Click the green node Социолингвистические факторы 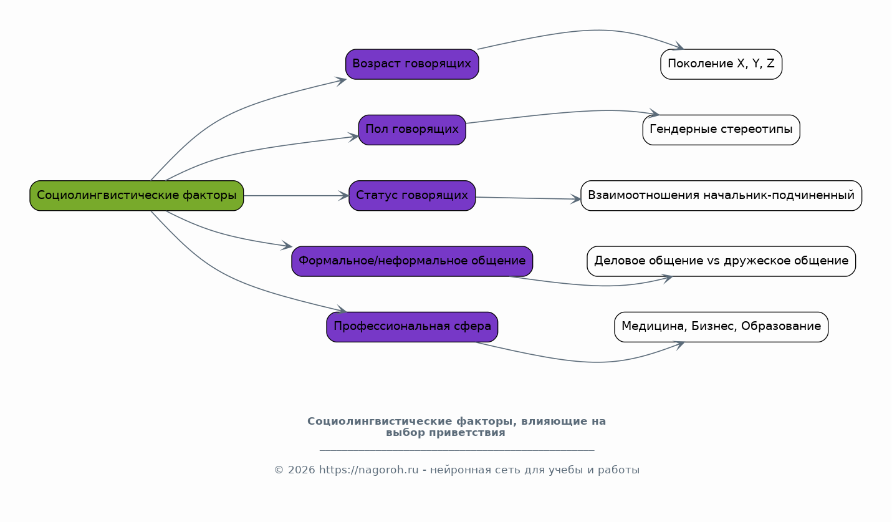[137, 196]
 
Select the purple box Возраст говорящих [412, 64]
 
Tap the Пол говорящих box [412, 130]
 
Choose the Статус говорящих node [412, 196]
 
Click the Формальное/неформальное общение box [412, 261]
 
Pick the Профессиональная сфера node [412, 327]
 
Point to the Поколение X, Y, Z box [721, 64]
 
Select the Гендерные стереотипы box [721, 130]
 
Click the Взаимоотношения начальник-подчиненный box [721, 196]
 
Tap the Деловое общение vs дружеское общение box [721, 261]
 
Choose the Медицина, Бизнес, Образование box [721, 327]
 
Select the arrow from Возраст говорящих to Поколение [592, 31]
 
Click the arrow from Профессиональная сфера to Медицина [592, 362]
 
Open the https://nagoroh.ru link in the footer [368, 470]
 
